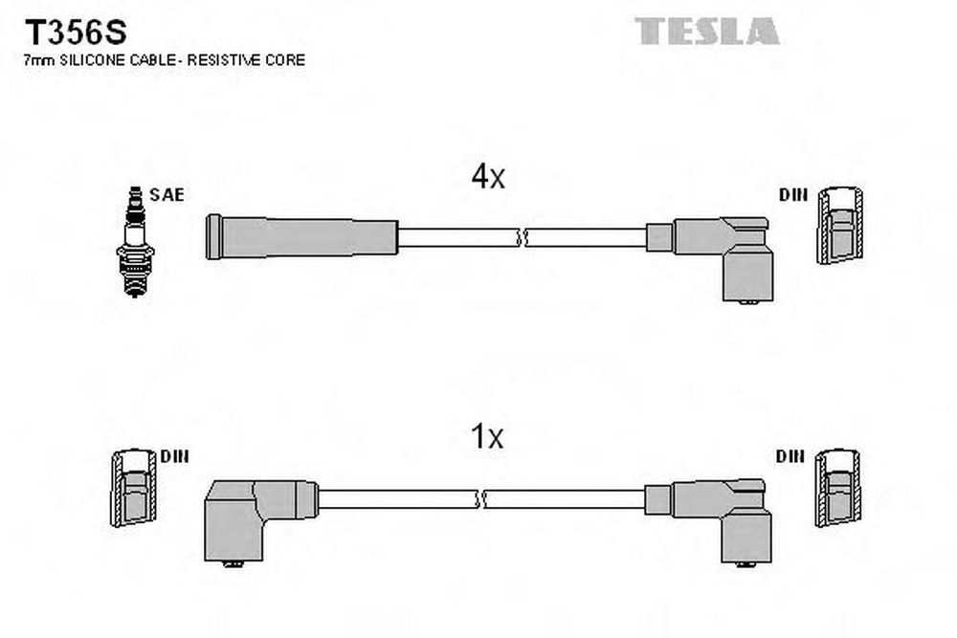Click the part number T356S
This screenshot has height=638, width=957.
[75, 33]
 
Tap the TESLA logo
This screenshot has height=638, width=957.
[707, 31]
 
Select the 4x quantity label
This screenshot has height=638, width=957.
[488, 177]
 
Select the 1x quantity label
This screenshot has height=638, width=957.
[486, 437]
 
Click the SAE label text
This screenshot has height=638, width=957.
[167, 194]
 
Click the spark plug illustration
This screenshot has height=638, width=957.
[135, 242]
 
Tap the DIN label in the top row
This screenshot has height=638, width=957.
[792, 194]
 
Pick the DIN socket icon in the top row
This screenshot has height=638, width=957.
[840, 225]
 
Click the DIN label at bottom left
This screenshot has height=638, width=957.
[174, 456]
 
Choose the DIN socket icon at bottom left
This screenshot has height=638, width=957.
[134, 488]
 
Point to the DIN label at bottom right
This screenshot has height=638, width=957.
[790, 456]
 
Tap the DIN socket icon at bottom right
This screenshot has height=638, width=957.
[838, 488]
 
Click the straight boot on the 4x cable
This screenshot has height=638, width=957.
[301, 236]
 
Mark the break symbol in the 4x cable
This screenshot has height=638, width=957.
[522, 238]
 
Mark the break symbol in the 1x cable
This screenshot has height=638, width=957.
[479, 499]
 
